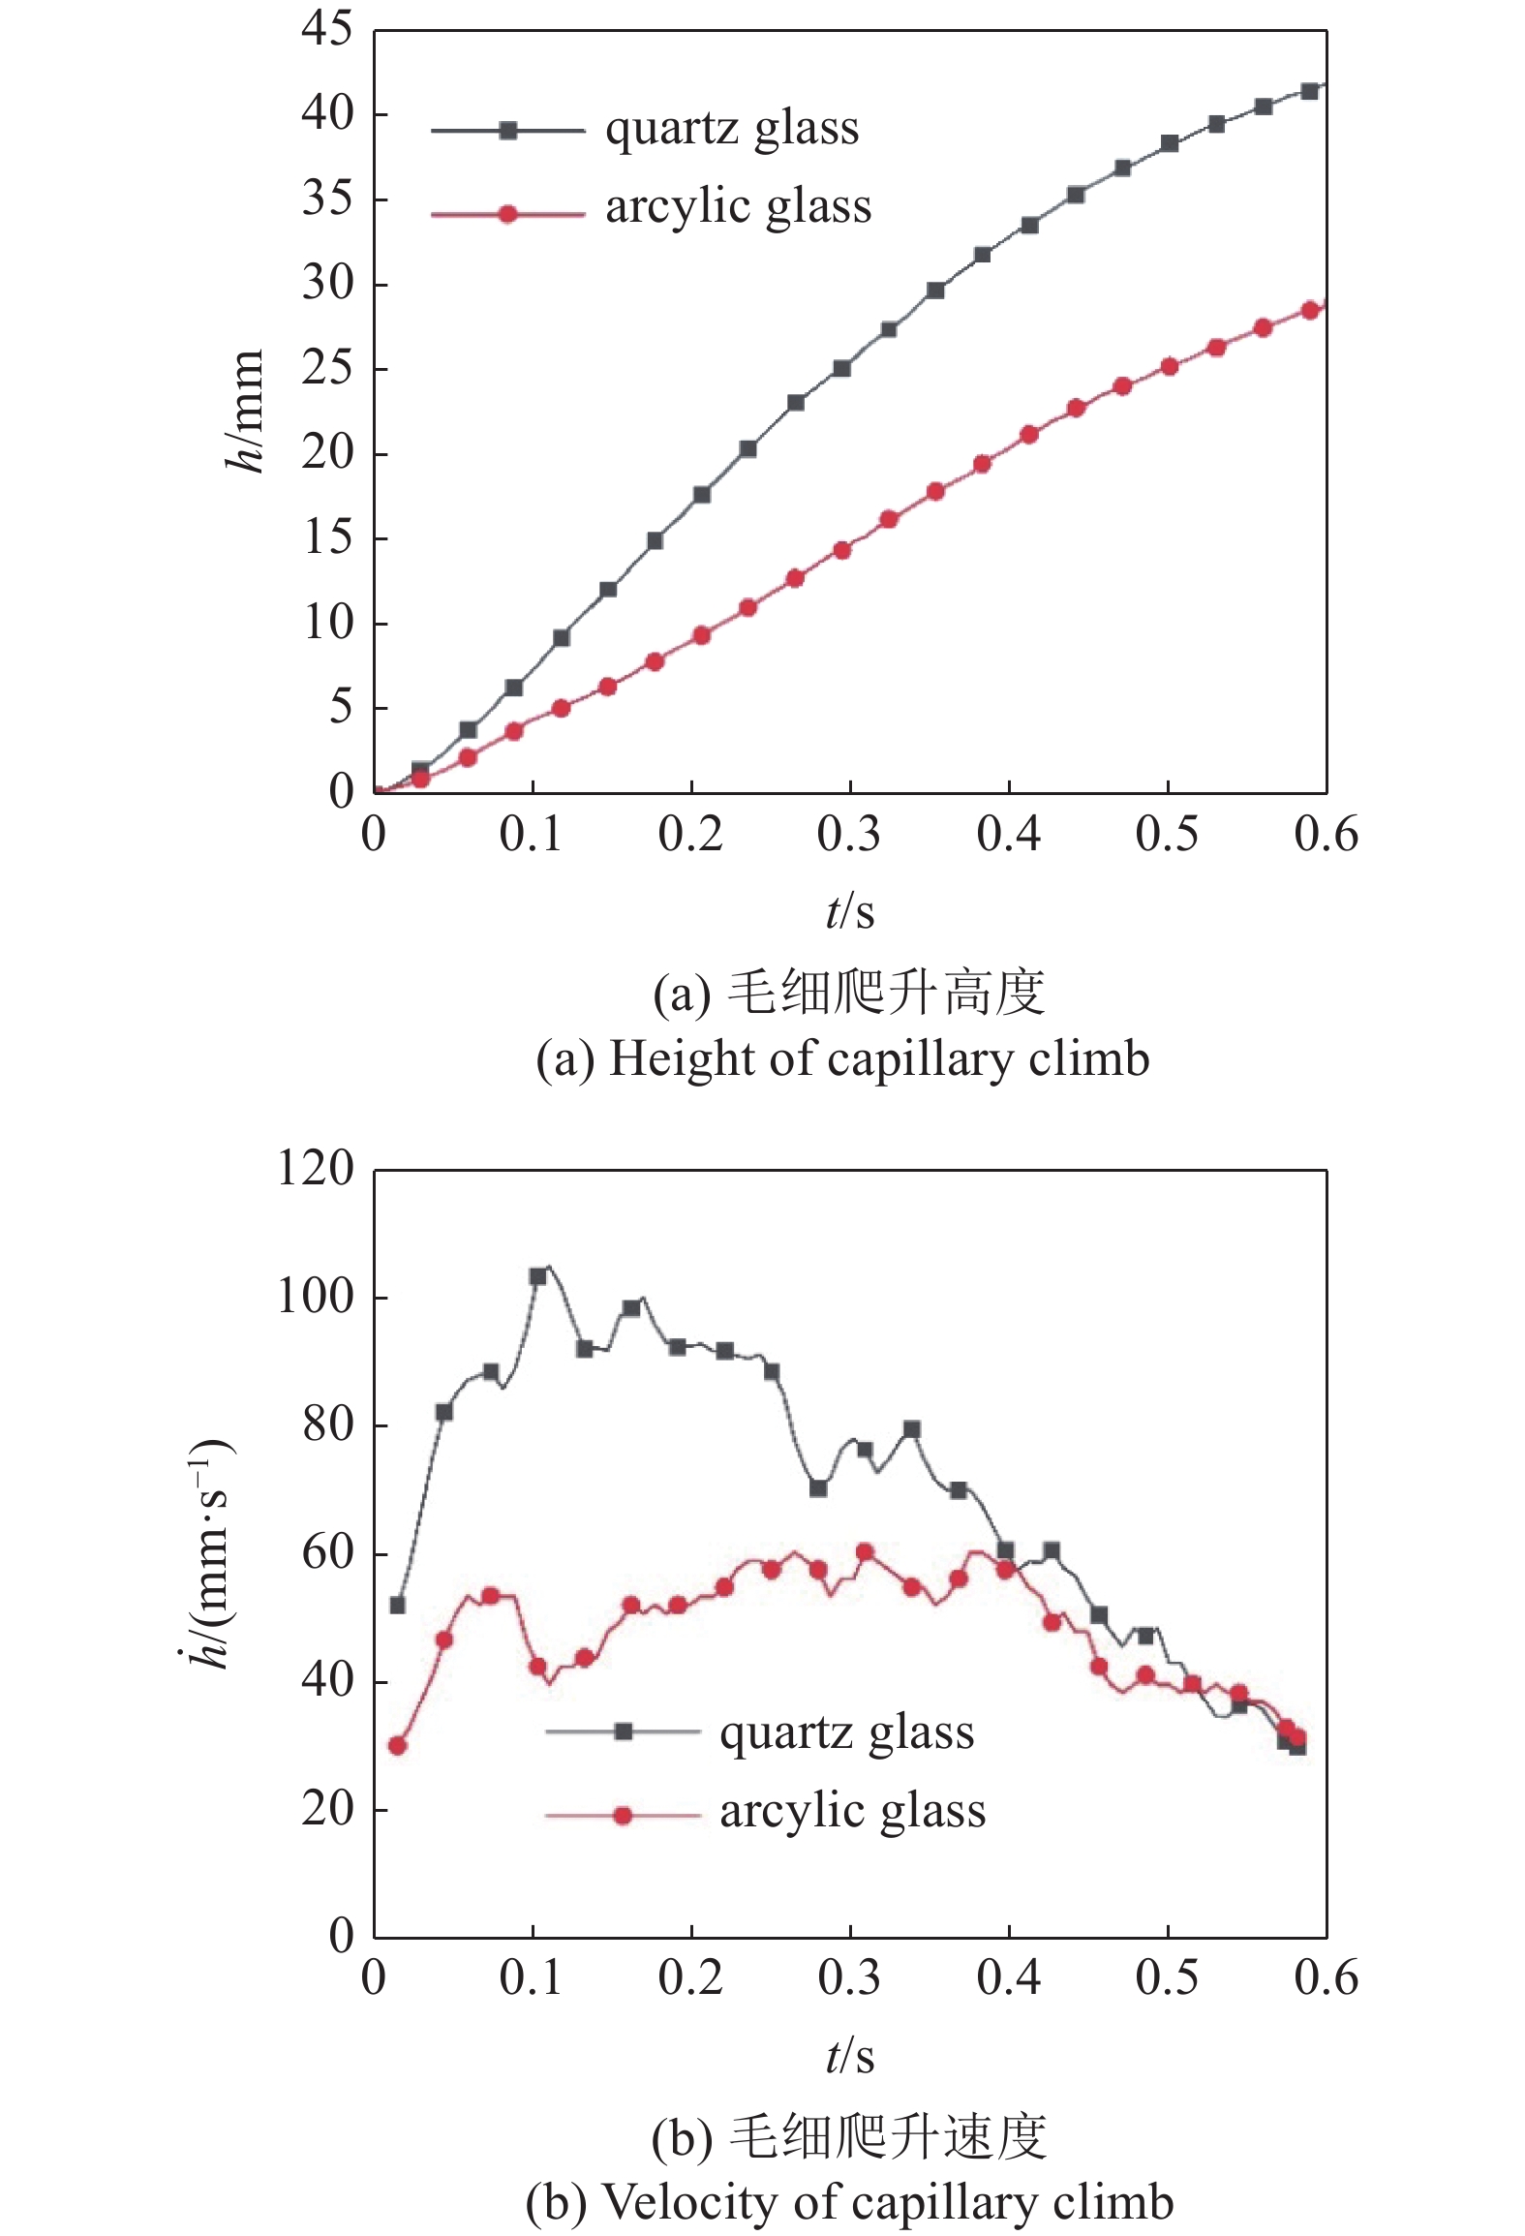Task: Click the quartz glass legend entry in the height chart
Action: point(732,130)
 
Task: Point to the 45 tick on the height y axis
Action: point(327,30)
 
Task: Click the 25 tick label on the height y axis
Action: point(327,369)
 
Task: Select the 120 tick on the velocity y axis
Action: point(316,1169)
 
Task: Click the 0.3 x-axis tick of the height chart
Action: point(849,835)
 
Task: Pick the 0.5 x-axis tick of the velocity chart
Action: point(1167,1978)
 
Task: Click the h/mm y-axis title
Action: point(244,411)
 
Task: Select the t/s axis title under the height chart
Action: point(850,911)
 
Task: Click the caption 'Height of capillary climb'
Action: point(842,1058)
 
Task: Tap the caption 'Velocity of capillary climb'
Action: point(849,2202)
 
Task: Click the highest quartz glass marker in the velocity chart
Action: point(538,1276)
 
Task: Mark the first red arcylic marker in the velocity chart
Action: point(397,1746)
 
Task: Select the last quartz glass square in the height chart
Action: point(1310,91)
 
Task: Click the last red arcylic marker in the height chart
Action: point(1310,310)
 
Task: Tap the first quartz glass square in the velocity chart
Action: point(397,1606)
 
